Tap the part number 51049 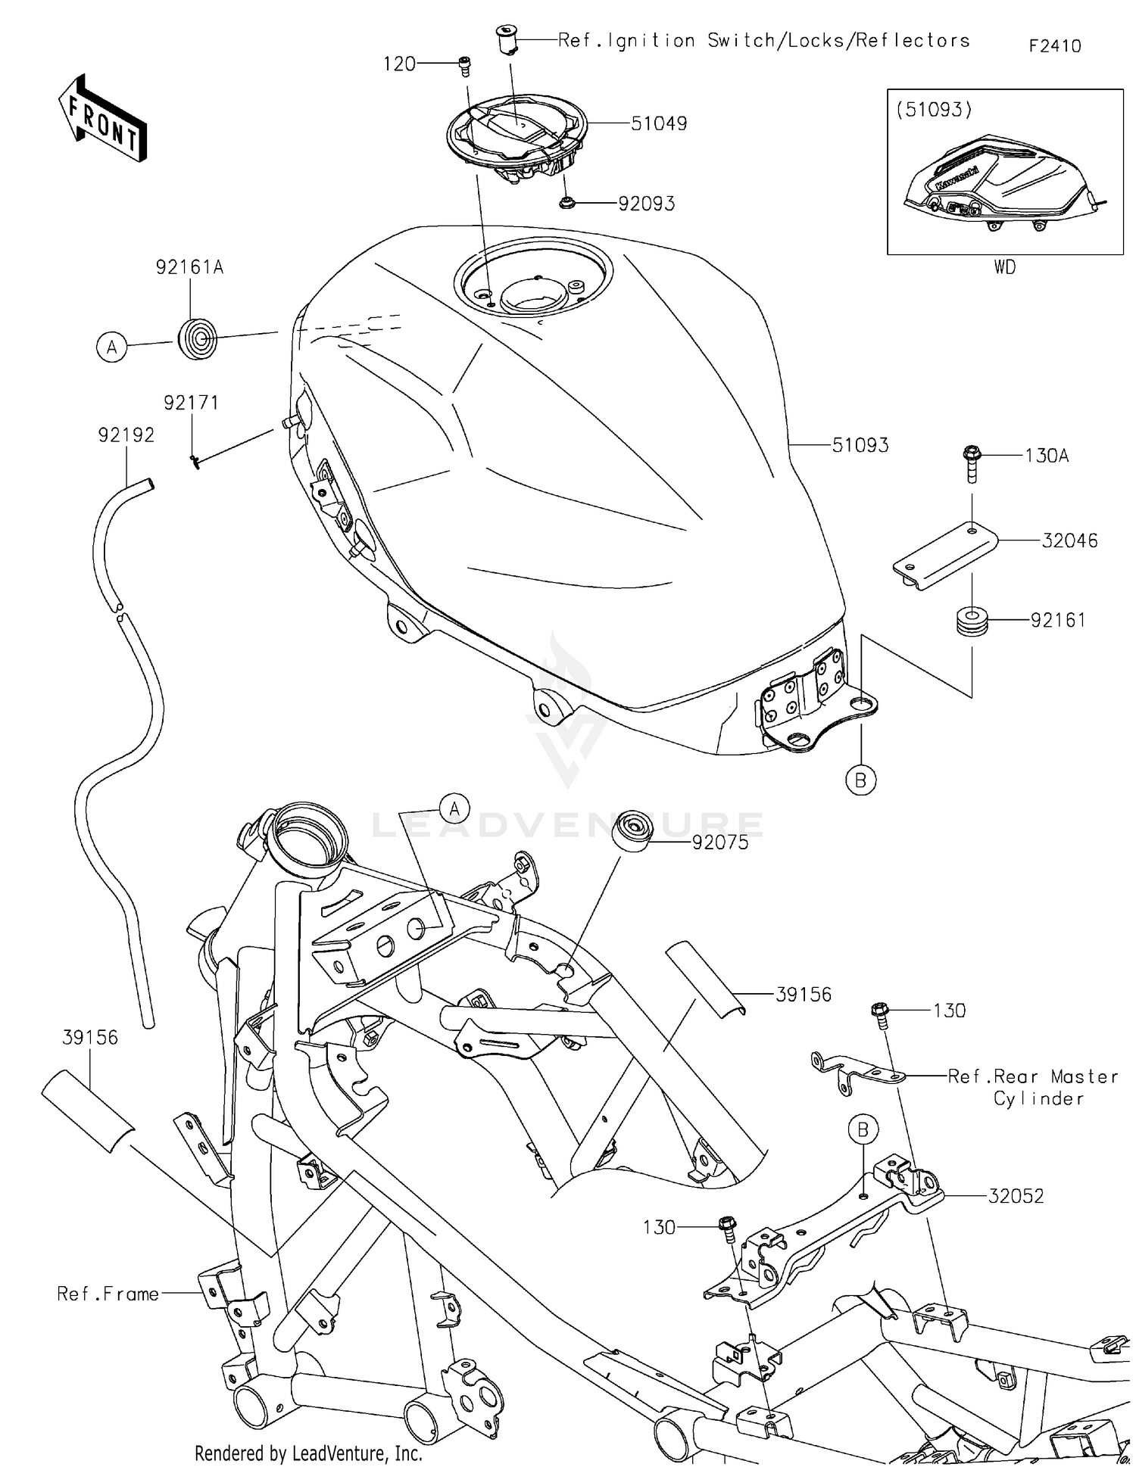[x=658, y=123]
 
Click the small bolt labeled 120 [x=463, y=67]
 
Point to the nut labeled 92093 [x=566, y=203]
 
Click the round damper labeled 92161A [x=197, y=337]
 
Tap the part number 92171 [x=192, y=403]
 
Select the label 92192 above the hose [x=126, y=435]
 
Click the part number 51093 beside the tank [x=860, y=445]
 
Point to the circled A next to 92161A [x=112, y=347]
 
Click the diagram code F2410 [x=1054, y=46]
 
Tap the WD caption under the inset [x=1004, y=267]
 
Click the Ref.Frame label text [x=108, y=1294]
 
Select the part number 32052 [x=1016, y=1196]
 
